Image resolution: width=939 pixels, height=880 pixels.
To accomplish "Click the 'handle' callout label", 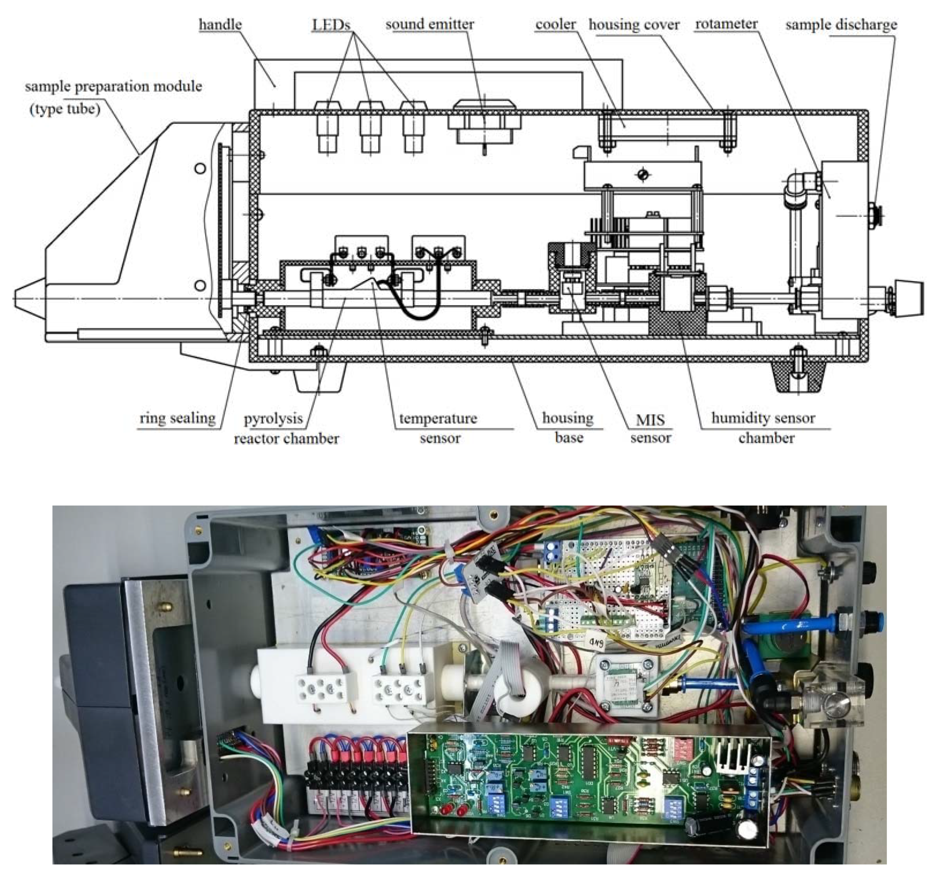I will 220,25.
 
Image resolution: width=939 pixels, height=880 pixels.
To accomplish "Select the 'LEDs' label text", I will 331,25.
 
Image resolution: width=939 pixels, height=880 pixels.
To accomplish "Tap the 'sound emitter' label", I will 430,25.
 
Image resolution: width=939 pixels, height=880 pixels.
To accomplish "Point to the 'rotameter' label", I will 726,25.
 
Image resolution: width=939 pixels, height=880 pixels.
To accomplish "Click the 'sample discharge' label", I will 841,25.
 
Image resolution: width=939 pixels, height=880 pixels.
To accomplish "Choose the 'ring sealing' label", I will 178,418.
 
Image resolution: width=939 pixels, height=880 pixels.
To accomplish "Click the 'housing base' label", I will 568,428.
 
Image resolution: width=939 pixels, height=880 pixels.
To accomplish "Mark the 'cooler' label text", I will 556,25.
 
